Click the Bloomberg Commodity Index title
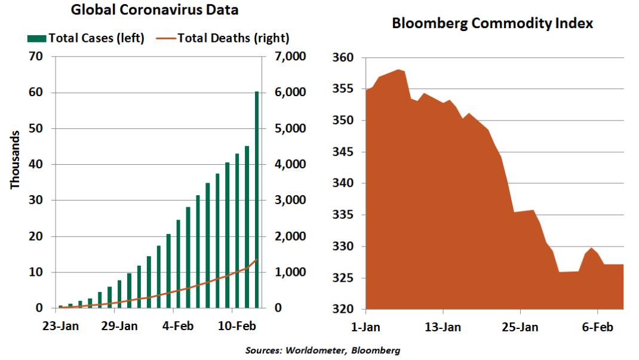pos(492,23)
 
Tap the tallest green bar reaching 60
pos(257,200)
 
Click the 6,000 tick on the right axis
pos(290,93)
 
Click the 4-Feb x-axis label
pos(173,327)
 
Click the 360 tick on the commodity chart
pos(345,58)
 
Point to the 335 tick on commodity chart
pos(345,215)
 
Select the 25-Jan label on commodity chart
pos(520,327)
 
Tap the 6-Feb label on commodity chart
pos(597,327)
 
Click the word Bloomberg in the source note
pos(376,350)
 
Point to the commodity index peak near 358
pos(399,70)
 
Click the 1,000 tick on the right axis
pos(290,272)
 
